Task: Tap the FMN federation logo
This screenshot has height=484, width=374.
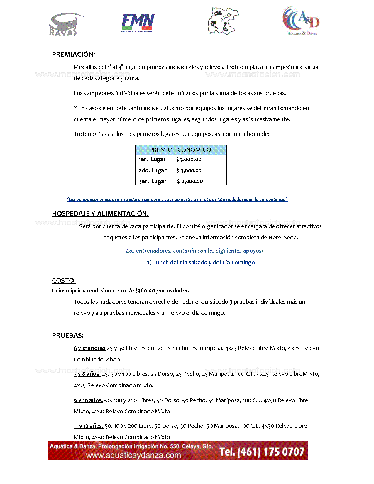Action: (x=138, y=23)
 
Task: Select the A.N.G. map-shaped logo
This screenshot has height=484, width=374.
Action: (x=223, y=21)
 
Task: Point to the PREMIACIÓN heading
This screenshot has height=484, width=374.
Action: (x=73, y=54)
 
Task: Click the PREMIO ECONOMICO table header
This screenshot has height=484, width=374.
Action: (x=180, y=150)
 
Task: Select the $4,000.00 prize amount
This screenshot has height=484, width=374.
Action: (x=189, y=160)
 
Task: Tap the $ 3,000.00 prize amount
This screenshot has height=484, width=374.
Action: (x=189, y=170)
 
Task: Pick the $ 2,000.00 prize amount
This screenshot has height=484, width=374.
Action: (x=190, y=181)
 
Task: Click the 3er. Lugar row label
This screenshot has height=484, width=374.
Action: (x=153, y=181)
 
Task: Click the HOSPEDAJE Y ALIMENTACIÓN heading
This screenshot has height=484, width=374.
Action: (x=100, y=214)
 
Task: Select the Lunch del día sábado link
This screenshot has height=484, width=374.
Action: (x=201, y=262)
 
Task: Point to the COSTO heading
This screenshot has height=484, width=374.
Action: (x=64, y=280)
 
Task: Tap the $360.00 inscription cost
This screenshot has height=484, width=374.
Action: (x=145, y=291)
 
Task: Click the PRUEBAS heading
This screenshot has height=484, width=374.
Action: (x=68, y=335)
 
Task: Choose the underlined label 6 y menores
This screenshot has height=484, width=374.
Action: (x=89, y=348)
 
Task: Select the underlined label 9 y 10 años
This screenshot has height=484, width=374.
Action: (x=88, y=400)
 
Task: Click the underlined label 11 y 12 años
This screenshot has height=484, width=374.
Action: (x=88, y=426)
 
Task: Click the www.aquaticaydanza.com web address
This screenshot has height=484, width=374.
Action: (x=133, y=455)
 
